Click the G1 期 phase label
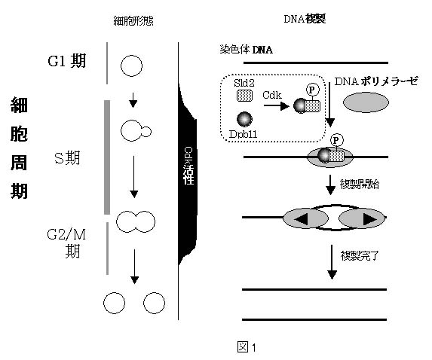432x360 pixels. [x=66, y=61]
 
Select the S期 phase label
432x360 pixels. [x=67, y=158]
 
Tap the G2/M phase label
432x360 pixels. [x=66, y=243]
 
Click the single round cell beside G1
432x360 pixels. [x=131, y=66]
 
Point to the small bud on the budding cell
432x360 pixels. [x=146, y=132]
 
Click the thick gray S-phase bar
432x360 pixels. [x=107, y=157]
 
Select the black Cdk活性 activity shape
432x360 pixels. [x=188, y=173]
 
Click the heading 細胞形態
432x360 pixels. [x=133, y=20]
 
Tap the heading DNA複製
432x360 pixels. [x=305, y=20]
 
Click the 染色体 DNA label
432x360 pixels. [x=247, y=50]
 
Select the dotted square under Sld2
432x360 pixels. [x=244, y=96]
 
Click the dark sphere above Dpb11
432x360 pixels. [x=244, y=119]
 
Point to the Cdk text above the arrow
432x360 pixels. [x=272, y=95]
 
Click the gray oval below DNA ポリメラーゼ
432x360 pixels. [x=366, y=102]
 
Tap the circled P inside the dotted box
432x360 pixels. [x=312, y=90]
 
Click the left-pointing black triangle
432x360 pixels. [x=301, y=219]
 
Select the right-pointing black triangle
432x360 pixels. [x=370, y=219]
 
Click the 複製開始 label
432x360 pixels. [x=360, y=184]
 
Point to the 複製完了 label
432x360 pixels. [x=360, y=255]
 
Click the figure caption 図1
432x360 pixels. [x=247, y=347]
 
